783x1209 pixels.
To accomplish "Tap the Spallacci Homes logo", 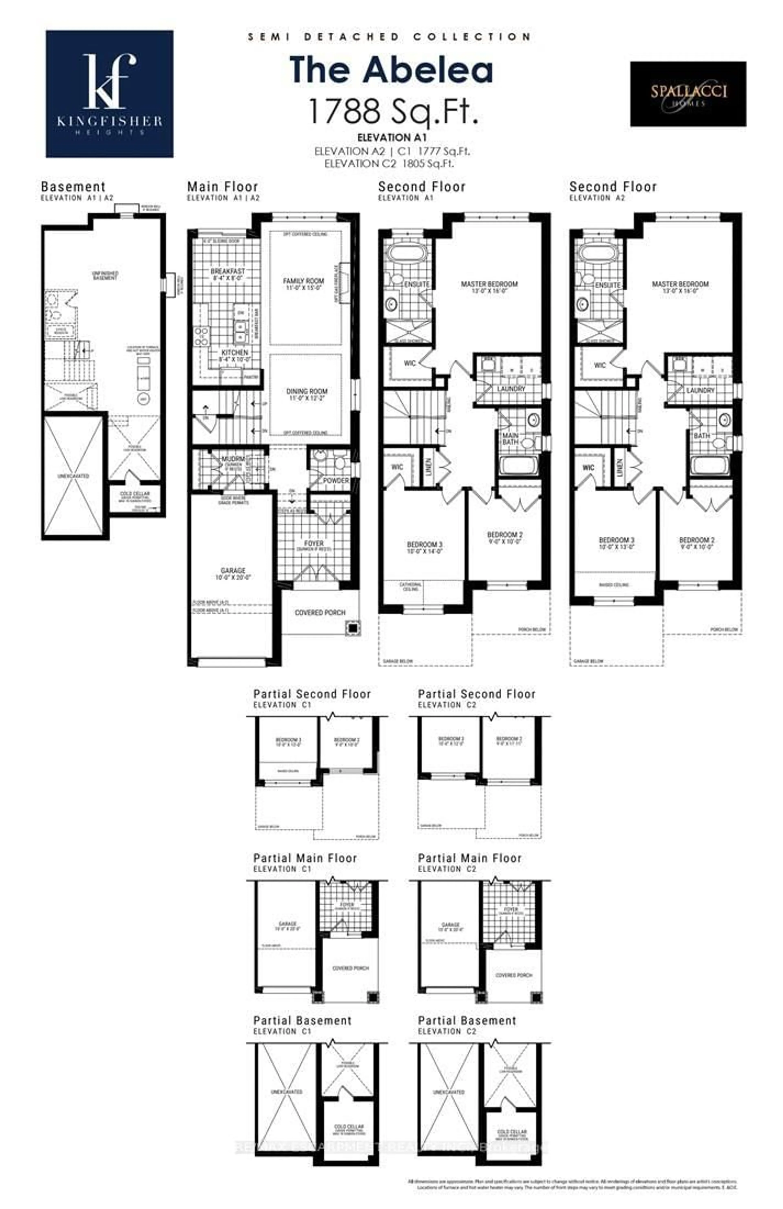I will point(688,94).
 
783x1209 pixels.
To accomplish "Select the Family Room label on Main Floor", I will point(303,281).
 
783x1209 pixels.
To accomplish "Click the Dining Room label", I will point(306,391).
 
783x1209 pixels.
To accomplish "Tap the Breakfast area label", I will point(228,272).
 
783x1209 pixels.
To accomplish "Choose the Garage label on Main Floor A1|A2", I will point(233,570).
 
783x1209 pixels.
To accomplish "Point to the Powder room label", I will point(336,480).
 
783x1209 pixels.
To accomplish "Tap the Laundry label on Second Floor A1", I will point(511,389).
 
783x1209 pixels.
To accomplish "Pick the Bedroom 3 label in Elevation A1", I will point(424,545).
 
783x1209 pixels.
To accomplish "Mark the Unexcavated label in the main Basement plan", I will point(73,476).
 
